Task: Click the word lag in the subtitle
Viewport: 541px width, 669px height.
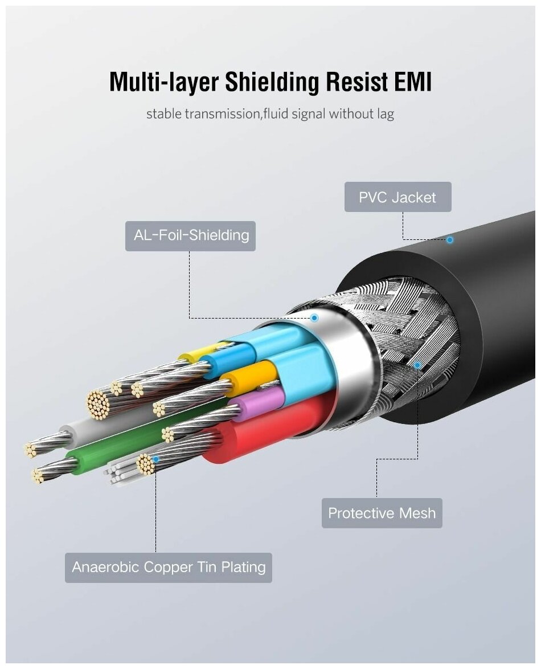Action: (x=384, y=114)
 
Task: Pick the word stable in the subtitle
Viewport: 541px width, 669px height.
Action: (x=165, y=114)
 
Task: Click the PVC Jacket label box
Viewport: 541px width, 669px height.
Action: (x=397, y=197)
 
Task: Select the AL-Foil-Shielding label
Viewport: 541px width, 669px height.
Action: (x=190, y=235)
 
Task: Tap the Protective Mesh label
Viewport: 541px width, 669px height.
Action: (x=382, y=513)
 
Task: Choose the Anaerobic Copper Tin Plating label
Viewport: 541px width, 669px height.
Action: (x=169, y=568)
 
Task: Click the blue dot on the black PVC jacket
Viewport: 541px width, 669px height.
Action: (x=449, y=240)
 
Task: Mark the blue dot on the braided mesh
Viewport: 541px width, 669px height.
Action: (x=417, y=365)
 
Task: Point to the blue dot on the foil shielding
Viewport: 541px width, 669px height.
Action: (x=314, y=317)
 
